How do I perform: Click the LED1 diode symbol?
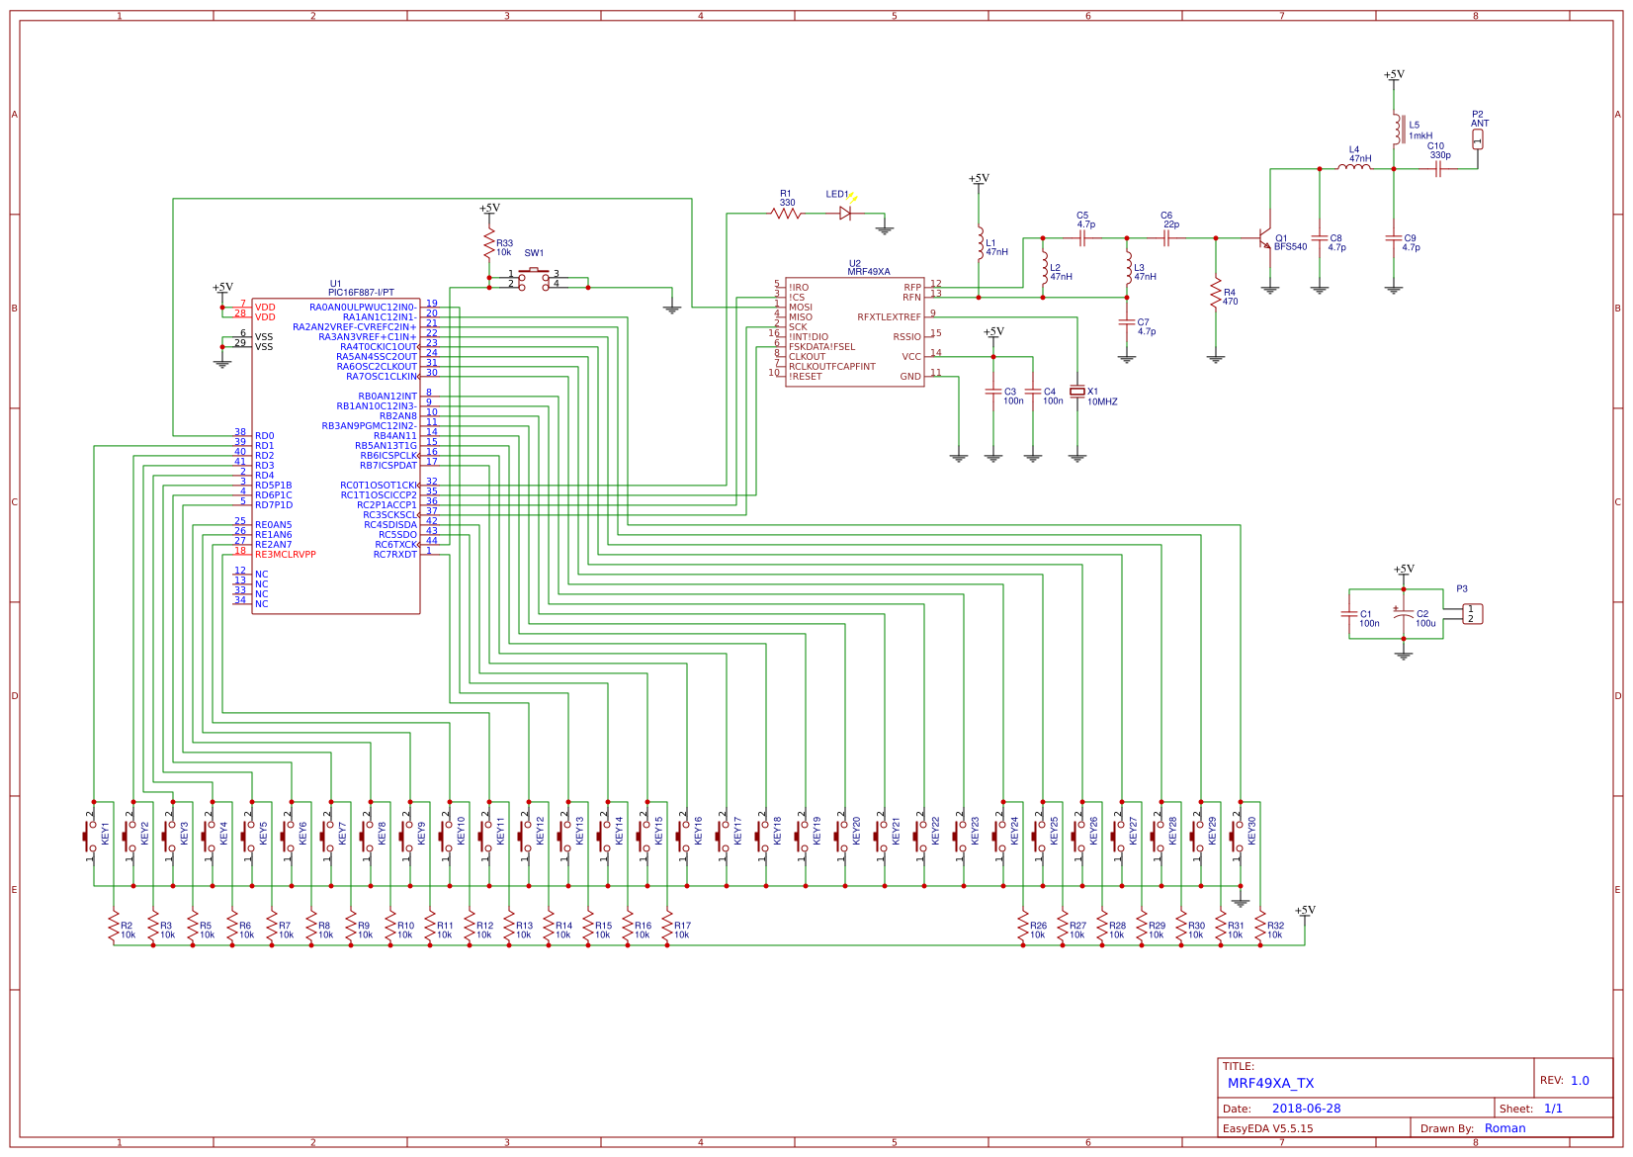click(845, 213)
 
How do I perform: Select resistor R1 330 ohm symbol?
click(786, 213)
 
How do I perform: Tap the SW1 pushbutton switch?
click(534, 278)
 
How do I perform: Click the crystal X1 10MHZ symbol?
click(1077, 392)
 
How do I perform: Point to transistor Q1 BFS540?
click(1264, 238)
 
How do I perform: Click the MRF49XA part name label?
click(868, 272)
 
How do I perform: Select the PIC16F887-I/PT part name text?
click(361, 293)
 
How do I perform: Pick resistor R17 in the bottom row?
click(667, 927)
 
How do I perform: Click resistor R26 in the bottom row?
click(1023, 927)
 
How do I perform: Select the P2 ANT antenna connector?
click(1478, 138)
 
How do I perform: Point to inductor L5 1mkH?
click(1397, 130)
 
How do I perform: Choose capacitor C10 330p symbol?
click(1439, 168)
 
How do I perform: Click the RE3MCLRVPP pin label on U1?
click(285, 555)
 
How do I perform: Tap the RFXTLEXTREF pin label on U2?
click(889, 317)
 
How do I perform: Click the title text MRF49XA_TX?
click(1270, 1083)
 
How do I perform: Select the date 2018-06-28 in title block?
click(1306, 1109)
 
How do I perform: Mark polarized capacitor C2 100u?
click(1403, 614)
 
